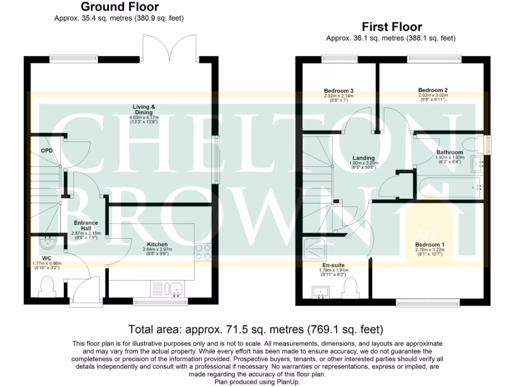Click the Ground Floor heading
coord(119,7)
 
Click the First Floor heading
coord(392,27)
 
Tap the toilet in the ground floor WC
coord(48,288)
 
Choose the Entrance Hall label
coord(86,225)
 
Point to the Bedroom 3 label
coord(339,91)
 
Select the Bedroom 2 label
coord(433,91)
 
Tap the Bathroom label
coord(449,152)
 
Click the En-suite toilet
coord(350,289)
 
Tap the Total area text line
coord(256,330)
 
